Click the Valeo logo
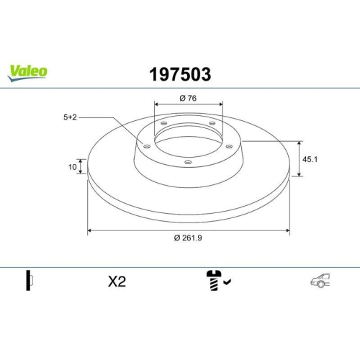click(28, 71)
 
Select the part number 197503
click(179, 73)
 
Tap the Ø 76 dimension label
click(189, 98)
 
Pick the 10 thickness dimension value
click(72, 166)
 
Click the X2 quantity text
click(116, 282)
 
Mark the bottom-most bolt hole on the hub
click(188, 162)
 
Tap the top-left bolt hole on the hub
click(163, 125)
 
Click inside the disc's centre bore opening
click(189, 140)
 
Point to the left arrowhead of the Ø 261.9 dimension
click(90, 231)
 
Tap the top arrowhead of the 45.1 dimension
click(300, 143)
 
